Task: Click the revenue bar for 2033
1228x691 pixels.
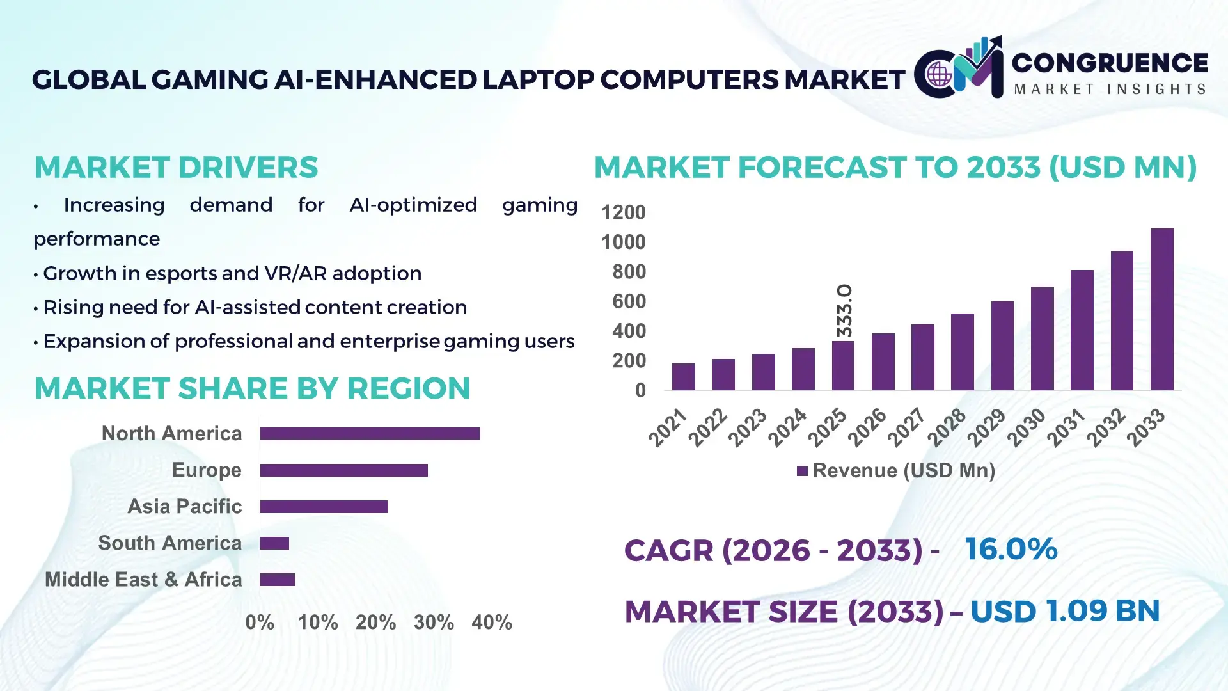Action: click(x=1161, y=310)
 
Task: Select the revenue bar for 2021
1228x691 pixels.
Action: click(x=683, y=377)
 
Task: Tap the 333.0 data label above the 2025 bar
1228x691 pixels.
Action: click(x=844, y=311)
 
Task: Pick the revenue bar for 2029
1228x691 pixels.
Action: click(x=1002, y=345)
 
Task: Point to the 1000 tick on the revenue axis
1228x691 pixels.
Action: click(x=623, y=242)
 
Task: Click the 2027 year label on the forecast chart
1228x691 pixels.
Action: click(x=907, y=427)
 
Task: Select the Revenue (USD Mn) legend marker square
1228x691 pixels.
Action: click(x=802, y=471)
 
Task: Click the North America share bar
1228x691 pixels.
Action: click(x=370, y=434)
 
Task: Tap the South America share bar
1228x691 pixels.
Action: click(x=274, y=543)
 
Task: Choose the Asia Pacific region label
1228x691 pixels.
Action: click(x=184, y=507)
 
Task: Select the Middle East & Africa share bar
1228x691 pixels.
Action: click(x=277, y=580)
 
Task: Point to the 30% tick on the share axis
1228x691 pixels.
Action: click(x=434, y=623)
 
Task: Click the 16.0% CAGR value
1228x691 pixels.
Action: click(x=1011, y=550)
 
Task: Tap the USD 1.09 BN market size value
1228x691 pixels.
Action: click(x=1064, y=611)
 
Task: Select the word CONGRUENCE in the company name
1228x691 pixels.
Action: click(x=1109, y=63)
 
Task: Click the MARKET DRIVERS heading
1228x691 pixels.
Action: click(x=176, y=168)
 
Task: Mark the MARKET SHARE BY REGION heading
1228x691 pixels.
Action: click(x=252, y=389)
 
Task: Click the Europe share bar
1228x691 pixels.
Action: click(x=343, y=470)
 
